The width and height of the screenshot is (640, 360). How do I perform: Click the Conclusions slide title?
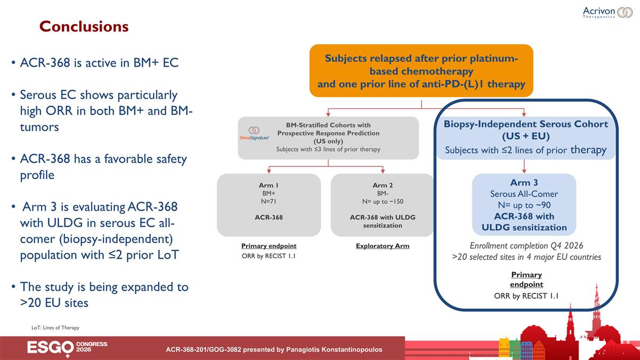point(84,26)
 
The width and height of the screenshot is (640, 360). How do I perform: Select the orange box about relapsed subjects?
point(421,71)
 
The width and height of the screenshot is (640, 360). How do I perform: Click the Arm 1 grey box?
point(269,205)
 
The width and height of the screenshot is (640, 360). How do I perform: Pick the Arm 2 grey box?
point(382,205)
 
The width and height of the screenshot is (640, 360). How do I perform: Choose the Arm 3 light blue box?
point(524,205)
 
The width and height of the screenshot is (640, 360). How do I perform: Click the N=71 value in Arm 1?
point(269,202)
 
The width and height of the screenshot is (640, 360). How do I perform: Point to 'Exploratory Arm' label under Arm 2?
point(382,246)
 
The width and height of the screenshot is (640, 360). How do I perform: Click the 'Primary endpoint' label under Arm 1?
point(269,246)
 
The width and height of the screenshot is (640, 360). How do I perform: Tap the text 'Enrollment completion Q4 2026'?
point(526,246)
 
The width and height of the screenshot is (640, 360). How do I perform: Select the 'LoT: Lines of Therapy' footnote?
point(55,327)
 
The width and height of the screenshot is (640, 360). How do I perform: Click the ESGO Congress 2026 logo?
point(67,348)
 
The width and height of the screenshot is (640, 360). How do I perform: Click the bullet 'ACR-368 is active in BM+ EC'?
point(99,63)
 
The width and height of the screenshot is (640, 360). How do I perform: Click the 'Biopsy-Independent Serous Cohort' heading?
point(526,124)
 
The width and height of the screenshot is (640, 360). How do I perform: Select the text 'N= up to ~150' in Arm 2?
point(382,202)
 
